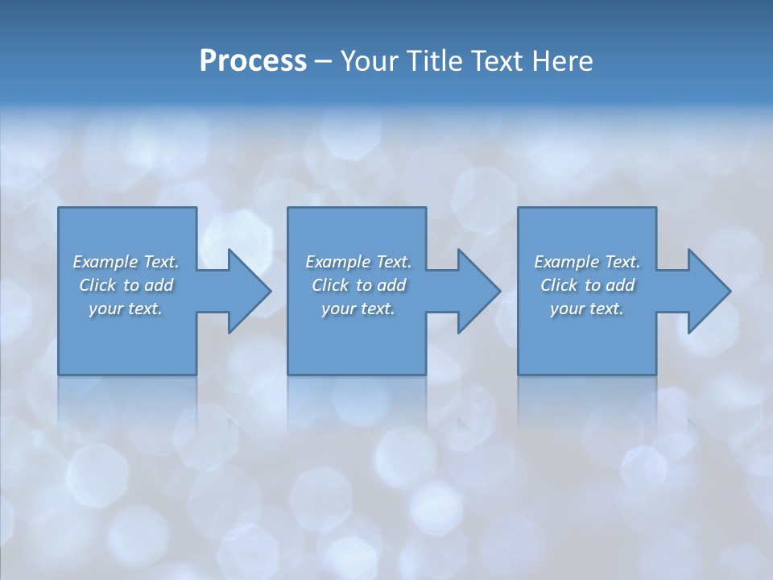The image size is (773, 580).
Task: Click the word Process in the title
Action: [253, 61]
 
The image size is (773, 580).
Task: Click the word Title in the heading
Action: [432, 61]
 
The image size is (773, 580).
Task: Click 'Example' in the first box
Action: [105, 262]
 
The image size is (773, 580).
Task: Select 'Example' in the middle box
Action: [337, 262]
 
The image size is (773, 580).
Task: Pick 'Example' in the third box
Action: [566, 262]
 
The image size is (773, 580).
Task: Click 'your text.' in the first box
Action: [126, 309]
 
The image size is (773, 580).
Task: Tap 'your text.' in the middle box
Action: [358, 309]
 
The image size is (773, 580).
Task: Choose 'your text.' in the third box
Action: [587, 309]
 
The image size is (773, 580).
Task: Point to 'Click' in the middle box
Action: [330, 285]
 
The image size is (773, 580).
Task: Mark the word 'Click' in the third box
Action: [559, 285]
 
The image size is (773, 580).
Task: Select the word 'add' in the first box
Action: [160, 285]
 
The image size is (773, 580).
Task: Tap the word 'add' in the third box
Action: [622, 285]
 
